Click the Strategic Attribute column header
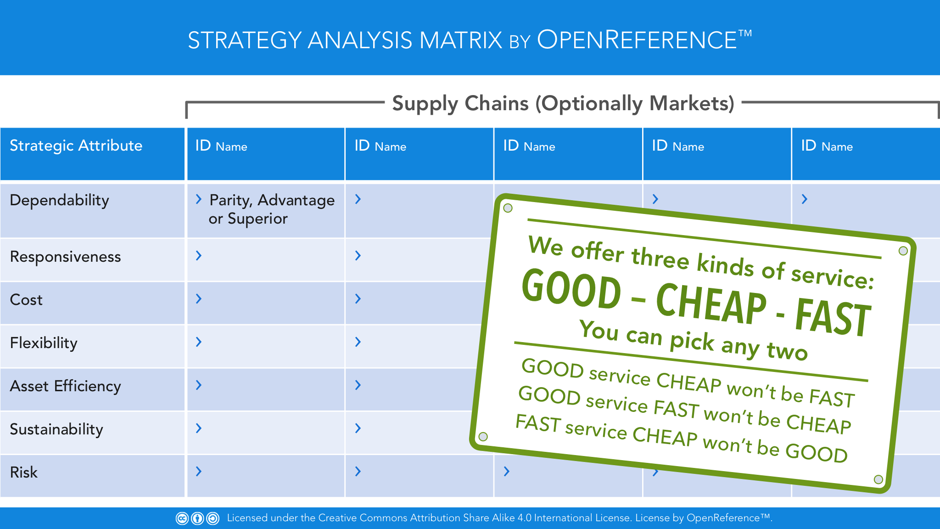pos(76,146)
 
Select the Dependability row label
pos(60,200)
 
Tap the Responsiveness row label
pos(66,257)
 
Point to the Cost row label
pos(26,300)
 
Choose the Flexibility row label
pos(44,343)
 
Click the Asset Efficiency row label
pos(66,386)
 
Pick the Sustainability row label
pos(56,429)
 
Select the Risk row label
pos(24,473)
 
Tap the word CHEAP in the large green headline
pos(711,304)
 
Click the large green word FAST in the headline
pos(833,317)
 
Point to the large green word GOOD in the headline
pos(571,288)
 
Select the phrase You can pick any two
pos(693,340)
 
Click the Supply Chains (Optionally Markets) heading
pos(563,104)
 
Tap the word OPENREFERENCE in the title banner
pos(637,39)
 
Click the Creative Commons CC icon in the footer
pos(182,518)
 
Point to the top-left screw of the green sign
pos(508,208)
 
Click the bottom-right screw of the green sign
pos(878,479)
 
